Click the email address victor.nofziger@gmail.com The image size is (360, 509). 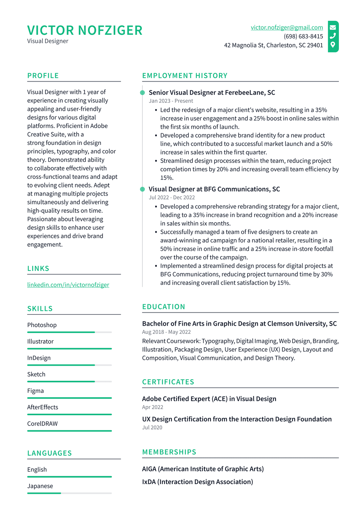(287, 27)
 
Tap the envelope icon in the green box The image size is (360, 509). (333, 27)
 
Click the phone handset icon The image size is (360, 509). (333, 36)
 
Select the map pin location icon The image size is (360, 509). (333, 45)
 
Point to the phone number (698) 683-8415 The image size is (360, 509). (303, 36)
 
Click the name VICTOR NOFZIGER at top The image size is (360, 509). (85, 31)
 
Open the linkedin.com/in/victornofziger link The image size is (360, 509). (68, 285)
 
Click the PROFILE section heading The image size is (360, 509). (43, 76)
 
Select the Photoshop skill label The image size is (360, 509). (42, 325)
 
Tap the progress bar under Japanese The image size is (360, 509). (69, 493)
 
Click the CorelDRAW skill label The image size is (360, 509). (42, 424)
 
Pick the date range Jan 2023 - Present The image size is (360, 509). (171, 101)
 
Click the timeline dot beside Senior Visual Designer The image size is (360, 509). (142, 93)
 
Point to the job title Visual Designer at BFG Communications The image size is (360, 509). (214, 189)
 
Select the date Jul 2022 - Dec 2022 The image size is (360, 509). (172, 198)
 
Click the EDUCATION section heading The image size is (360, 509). (163, 307)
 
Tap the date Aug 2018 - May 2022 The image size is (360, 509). (166, 332)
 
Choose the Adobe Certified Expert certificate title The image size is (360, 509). (209, 399)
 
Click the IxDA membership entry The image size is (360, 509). (197, 482)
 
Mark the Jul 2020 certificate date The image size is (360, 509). (152, 428)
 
